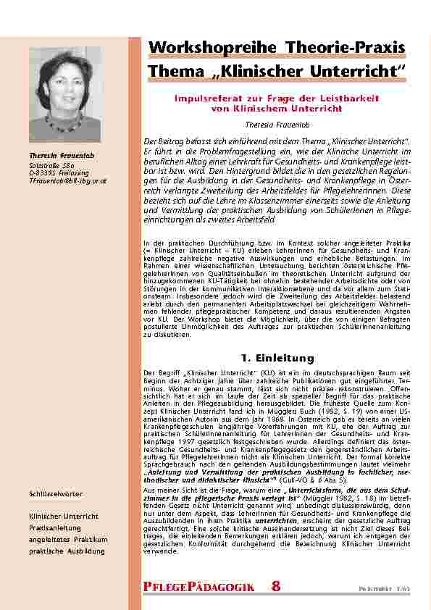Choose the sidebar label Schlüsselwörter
click(x=55, y=493)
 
